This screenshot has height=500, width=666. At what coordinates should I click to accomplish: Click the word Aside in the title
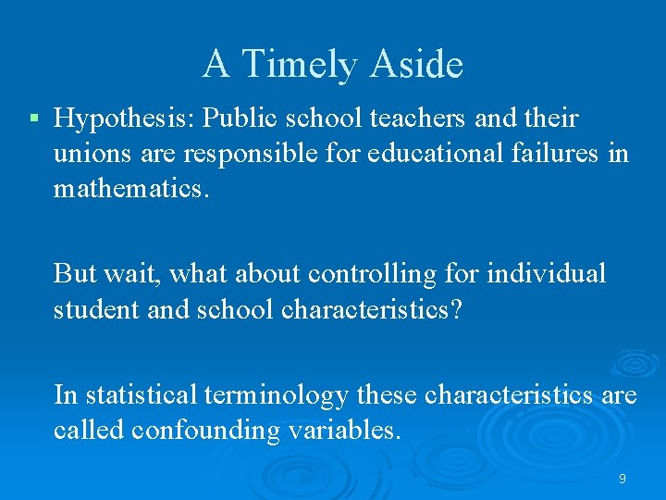[417, 65]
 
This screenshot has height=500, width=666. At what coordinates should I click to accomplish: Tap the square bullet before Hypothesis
[34, 119]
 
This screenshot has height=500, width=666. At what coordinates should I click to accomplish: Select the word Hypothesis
[124, 119]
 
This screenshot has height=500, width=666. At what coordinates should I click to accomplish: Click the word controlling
[378, 274]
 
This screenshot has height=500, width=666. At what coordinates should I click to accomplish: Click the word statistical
[146, 395]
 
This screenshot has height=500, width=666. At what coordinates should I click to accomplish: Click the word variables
[347, 430]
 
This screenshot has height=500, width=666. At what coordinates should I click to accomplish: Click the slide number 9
[622, 479]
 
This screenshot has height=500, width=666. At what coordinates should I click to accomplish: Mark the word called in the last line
[89, 430]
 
